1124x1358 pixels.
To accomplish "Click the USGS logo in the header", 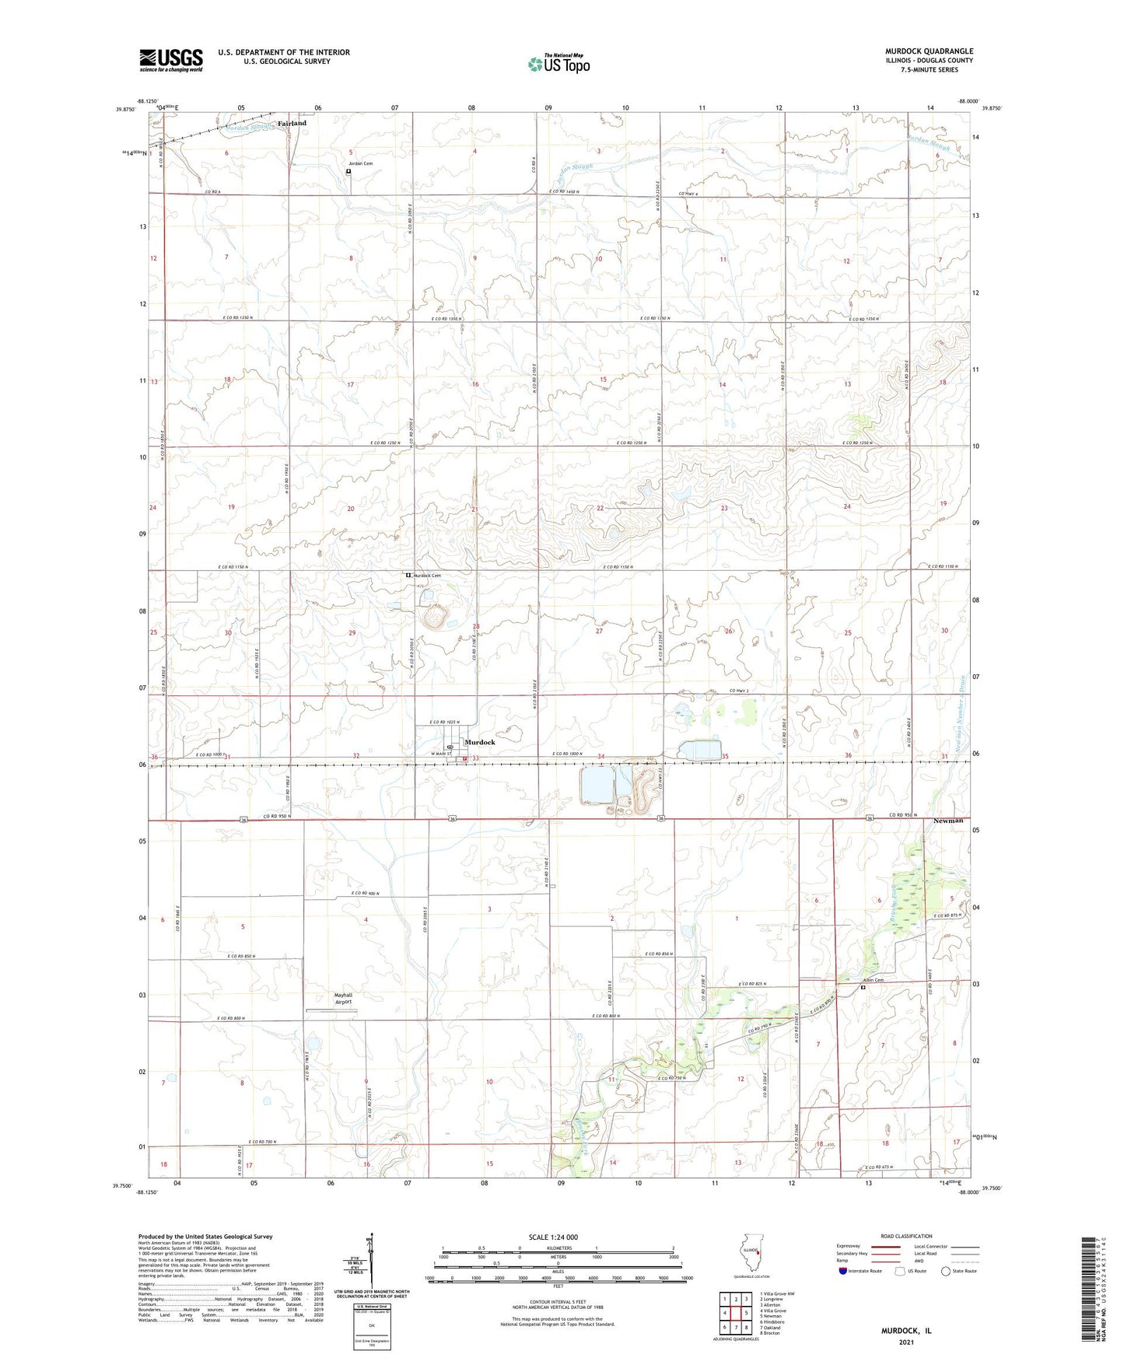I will coord(171,59).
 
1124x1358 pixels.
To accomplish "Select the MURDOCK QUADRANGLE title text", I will coord(929,51).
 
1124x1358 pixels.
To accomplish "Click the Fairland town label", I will coord(292,123).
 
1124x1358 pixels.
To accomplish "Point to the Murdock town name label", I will coord(480,742).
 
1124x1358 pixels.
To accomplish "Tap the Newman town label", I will coord(947,821).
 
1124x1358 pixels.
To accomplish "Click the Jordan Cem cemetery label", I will coord(360,163).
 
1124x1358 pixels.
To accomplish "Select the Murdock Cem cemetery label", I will coord(427,576).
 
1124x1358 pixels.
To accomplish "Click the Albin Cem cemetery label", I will coord(873,980).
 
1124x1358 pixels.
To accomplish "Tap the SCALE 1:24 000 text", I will coord(553,1237).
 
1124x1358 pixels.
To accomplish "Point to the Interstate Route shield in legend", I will coord(843,1271).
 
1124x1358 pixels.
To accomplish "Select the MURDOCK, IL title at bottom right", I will coord(906,1330).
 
